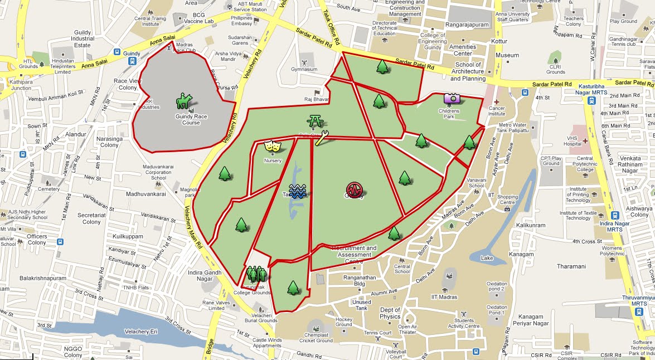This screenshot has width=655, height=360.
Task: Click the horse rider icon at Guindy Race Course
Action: tap(183, 101)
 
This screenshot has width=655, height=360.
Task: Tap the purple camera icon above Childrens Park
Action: tap(452, 98)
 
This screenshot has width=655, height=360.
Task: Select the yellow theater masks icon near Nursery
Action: tap(272, 147)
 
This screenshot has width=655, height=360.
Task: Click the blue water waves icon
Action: tap(298, 192)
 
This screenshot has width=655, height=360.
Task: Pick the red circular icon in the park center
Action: tap(354, 189)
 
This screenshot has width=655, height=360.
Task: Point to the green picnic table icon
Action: tap(314, 120)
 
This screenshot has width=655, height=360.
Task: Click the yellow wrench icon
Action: tap(322, 138)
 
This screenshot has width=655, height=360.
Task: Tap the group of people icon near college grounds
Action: tap(257, 274)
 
